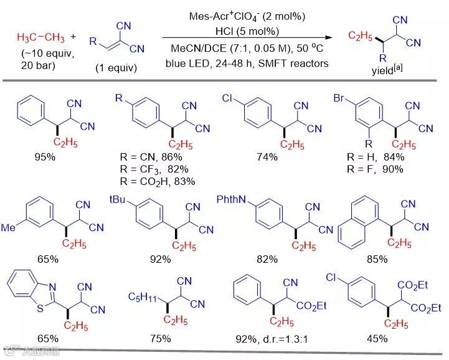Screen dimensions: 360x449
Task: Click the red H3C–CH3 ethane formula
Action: [39, 37]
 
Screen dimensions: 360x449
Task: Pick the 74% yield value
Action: [268, 157]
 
